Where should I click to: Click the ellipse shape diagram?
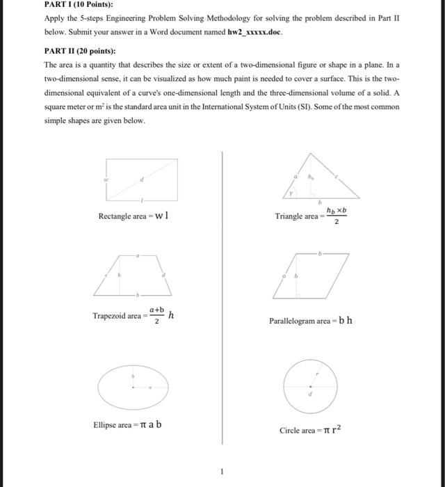coord(133,384)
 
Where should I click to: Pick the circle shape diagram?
coord(311,384)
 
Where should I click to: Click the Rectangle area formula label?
coord(133,216)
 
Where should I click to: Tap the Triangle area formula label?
coord(311,216)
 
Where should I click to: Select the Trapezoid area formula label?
coord(132,315)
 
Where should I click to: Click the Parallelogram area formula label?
coord(310,321)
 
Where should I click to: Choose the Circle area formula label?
coord(309,430)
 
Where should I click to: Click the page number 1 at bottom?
coord(222,472)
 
